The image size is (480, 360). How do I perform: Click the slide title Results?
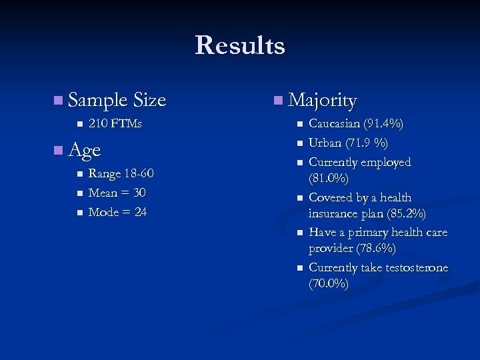point(240,45)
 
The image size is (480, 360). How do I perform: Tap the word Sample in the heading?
point(97,101)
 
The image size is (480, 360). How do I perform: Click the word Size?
point(149,101)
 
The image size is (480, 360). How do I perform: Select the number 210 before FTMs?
point(98,124)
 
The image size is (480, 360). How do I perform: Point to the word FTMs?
point(126,124)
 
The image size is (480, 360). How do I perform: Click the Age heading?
point(84,150)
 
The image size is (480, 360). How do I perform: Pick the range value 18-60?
point(138,174)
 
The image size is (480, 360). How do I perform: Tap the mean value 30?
point(139,193)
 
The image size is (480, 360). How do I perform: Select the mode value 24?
point(139,213)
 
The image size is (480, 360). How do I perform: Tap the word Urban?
point(325,143)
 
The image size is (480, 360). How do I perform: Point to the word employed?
point(386,163)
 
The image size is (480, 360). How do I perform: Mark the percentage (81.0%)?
point(329,179)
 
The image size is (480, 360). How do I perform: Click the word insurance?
point(335,214)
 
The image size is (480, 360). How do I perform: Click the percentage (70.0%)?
point(329,284)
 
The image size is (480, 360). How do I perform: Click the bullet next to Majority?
point(277,101)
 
